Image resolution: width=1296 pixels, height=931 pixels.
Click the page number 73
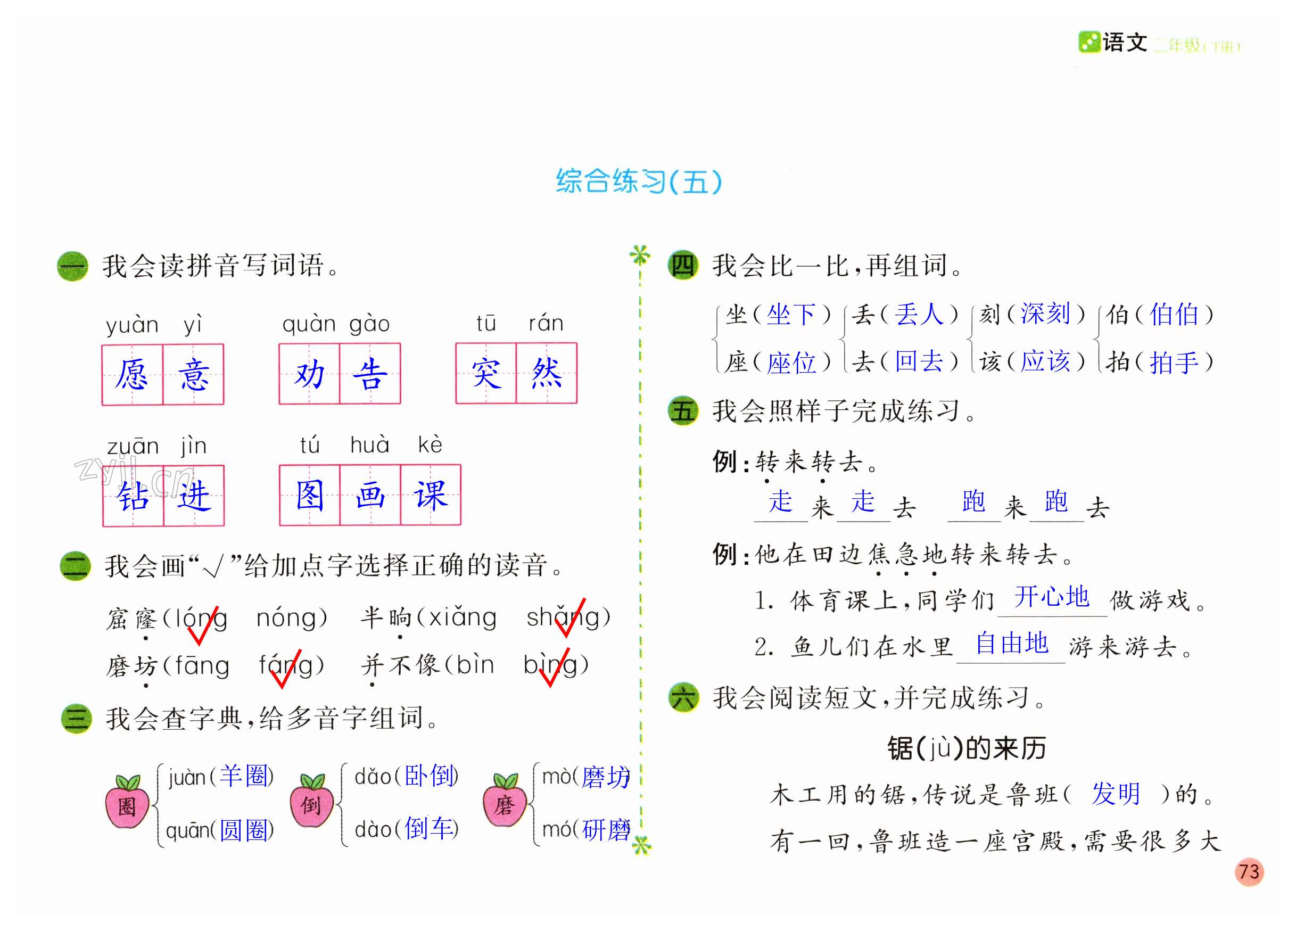pos(1249,871)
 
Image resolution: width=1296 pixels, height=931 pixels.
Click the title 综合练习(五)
pos(639,182)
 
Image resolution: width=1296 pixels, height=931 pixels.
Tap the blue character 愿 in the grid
pos(132,375)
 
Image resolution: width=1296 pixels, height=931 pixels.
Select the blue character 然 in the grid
pos(546,373)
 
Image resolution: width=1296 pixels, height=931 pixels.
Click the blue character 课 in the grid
pos(430,496)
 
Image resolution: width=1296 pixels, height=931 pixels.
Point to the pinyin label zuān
pos(133,446)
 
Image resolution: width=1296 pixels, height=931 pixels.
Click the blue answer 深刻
pos(1045,314)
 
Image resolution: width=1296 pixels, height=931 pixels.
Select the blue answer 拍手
pos(1174,362)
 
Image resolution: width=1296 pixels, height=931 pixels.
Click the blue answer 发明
pos(1116,794)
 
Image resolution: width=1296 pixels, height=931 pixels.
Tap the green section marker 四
pos(682,266)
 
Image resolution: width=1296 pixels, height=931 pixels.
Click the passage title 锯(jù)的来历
pos(967,748)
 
